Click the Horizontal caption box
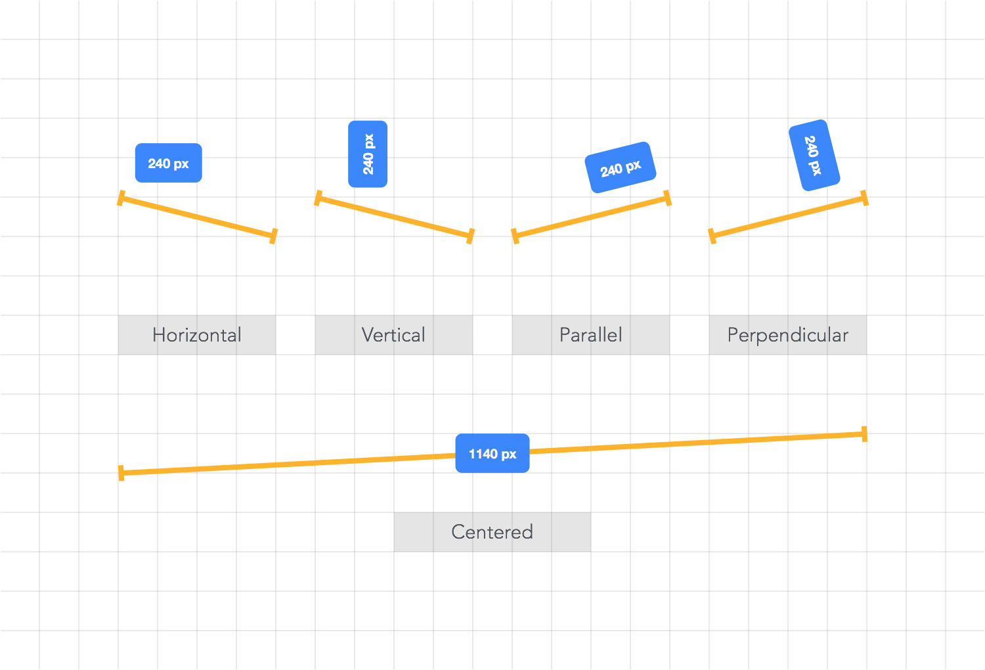(197, 335)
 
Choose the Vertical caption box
(394, 335)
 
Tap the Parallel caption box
(591, 335)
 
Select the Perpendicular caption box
(788, 335)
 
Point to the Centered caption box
(492, 532)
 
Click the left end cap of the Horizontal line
(121, 198)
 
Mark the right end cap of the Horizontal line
(274, 236)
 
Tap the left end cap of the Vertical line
(318, 198)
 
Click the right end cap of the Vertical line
(471, 236)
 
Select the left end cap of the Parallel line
(515, 236)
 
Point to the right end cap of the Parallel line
(668, 198)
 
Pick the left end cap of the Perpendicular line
(712, 236)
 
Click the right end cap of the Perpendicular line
(865, 198)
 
